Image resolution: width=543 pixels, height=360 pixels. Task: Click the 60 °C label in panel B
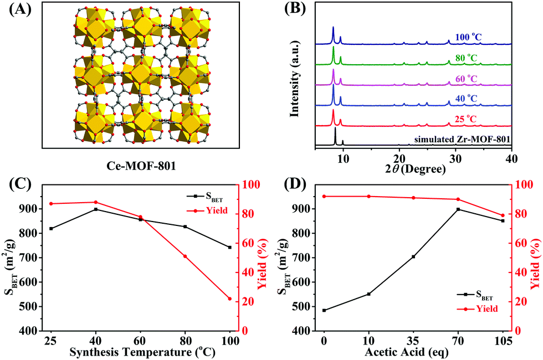click(x=465, y=79)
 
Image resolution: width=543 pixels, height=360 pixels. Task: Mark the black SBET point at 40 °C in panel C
click(x=96, y=209)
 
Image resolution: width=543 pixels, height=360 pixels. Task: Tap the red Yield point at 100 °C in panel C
click(x=230, y=299)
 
